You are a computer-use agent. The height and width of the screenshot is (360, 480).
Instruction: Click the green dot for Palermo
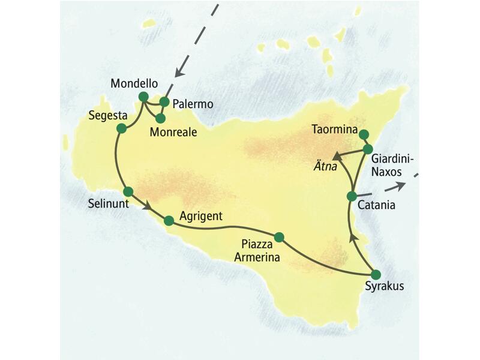point(164,102)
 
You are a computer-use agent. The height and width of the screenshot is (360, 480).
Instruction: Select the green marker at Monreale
point(160,118)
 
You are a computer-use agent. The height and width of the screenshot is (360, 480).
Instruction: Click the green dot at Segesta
point(121,128)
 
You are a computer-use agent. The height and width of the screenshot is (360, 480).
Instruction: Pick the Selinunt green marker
point(127,191)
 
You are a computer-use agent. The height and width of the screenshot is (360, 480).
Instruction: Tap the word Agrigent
point(201,216)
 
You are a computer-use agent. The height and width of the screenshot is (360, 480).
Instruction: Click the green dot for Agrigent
point(169,221)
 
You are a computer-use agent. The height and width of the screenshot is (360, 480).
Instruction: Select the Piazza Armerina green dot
point(278,236)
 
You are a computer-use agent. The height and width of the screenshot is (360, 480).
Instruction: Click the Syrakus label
point(385,286)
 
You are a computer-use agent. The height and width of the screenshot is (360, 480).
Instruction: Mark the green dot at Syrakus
point(376,274)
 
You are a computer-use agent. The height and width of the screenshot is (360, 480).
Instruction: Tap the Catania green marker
point(352,196)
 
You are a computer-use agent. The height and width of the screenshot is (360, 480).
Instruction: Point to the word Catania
point(376,206)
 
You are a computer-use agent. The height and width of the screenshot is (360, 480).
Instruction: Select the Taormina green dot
point(364,134)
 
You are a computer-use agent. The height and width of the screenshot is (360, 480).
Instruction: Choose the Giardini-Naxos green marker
point(368,149)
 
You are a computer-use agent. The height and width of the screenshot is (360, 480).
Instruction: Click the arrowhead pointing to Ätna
point(337,156)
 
